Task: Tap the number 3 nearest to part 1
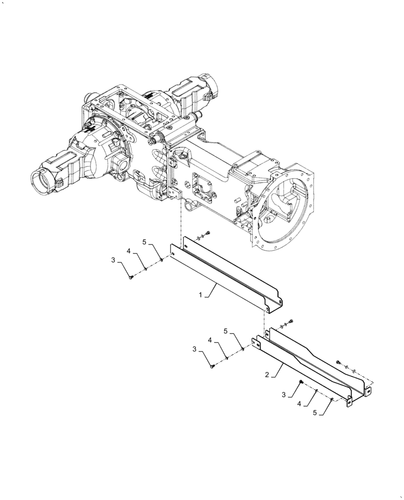coord(113,259)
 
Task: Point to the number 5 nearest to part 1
coord(144,242)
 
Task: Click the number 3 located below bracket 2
coord(283,394)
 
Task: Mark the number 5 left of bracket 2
coord(226,331)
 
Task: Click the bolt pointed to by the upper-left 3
coord(131,276)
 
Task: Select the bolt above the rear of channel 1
coord(208,233)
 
